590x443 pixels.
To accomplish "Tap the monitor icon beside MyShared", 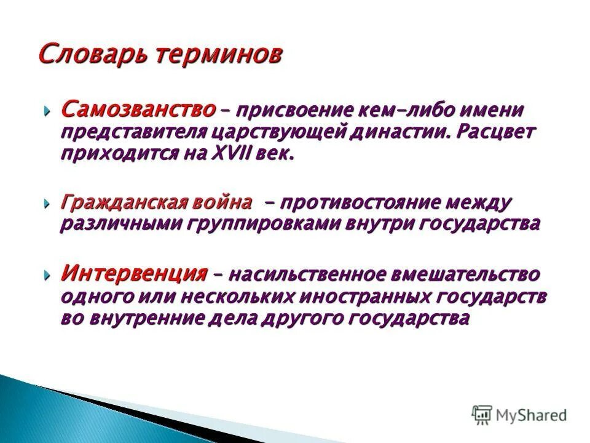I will click(x=482, y=415).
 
